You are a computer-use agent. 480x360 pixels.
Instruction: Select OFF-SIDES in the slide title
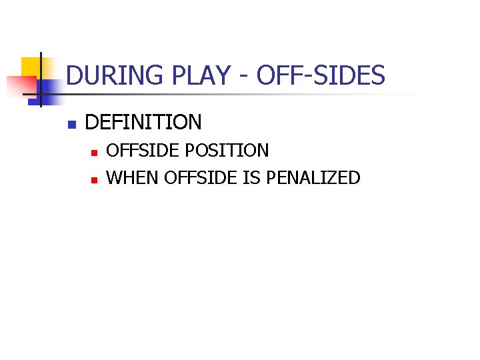pos(321,76)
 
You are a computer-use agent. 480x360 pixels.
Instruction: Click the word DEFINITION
pos(143,122)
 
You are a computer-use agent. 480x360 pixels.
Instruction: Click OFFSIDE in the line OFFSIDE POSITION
pos(143,151)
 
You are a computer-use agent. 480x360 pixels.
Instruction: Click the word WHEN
pos(132,178)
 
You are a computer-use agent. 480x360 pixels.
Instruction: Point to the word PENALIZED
pos(313,178)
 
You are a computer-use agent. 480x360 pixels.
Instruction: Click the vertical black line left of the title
pos(41,80)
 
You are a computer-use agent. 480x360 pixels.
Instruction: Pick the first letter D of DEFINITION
pos(91,122)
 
